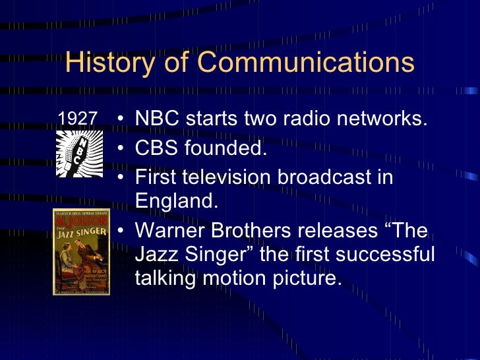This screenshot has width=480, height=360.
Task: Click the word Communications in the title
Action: tap(305, 63)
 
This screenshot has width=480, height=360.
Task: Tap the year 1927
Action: tap(78, 119)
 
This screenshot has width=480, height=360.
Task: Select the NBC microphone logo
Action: tap(77, 152)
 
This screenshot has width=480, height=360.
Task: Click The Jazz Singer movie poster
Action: tap(82, 251)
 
